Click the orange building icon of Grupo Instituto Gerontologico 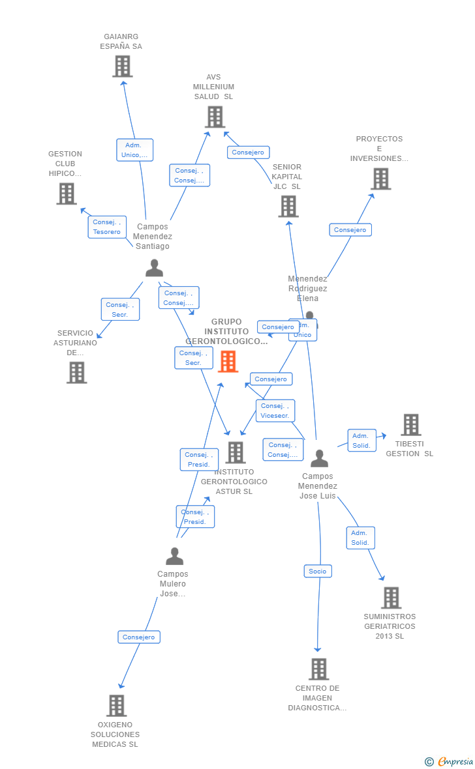click(228, 361)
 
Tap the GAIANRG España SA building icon click(122, 66)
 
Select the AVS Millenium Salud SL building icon click(215, 117)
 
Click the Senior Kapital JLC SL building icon click(288, 207)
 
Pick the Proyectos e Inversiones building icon click(380, 179)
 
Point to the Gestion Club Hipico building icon click(66, 194)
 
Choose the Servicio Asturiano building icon click(76, 373)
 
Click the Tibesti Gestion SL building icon click(410, 425)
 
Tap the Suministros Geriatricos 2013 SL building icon click(391, 598)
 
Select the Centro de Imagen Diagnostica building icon click(318, 669)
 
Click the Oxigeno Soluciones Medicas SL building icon click(115, 706)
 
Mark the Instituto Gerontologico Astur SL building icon click(235, 452)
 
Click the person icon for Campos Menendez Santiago click(154, 268)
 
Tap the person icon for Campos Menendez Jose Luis click(319, 458)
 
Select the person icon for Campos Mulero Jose click(174, 556)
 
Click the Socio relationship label click(318, 571)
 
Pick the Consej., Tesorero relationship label click(107, 227)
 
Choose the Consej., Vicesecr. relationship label click(275, 411)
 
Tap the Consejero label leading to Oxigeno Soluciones click(139, 637)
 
